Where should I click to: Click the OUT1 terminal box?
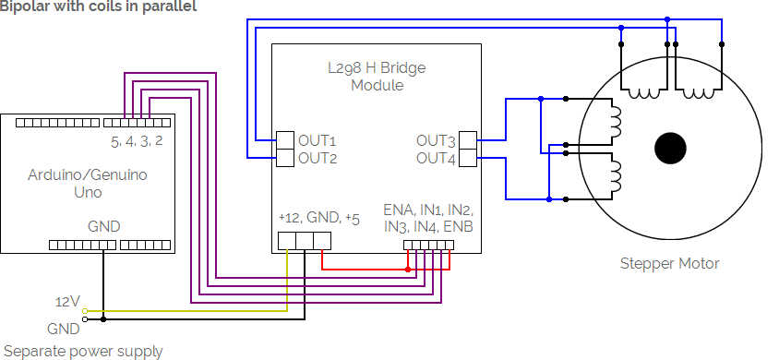tap(286, 140)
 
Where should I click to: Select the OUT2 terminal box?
tap(286, 157)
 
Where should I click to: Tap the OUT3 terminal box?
tap(468, 140)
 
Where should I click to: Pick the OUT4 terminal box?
tap(468, 157)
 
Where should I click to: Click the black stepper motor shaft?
tap(671, 148)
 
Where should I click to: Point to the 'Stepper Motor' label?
tap(669, 263)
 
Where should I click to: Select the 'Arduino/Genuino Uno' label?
tap(88, 183)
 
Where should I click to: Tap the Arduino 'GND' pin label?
tap(103, 226)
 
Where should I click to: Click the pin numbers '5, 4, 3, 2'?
tap(137, 141)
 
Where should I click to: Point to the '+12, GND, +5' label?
tap(319, 218)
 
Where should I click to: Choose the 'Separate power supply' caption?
tap(83, 351)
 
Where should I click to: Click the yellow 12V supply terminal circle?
tap(85, 311)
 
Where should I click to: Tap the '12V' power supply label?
tap(67, 302)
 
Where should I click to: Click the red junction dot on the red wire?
tap(408, 270)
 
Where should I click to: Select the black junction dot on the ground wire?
tap(103, 319)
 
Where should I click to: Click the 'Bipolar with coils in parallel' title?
tap(98, 6)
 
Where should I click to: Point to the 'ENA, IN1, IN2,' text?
tap(428, 209)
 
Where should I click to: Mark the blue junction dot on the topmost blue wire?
tap(667, 19)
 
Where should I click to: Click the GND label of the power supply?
tap(64, 329)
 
